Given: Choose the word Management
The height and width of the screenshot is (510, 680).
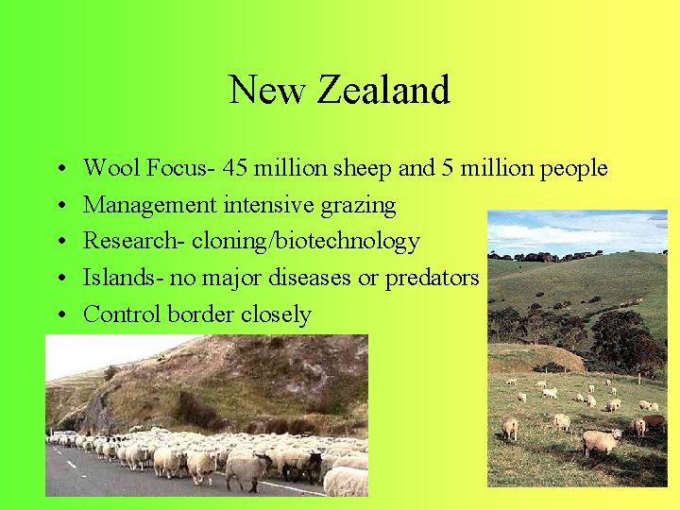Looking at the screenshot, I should [150, 205].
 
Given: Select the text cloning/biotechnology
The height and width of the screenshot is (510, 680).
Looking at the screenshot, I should [305, 242].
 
